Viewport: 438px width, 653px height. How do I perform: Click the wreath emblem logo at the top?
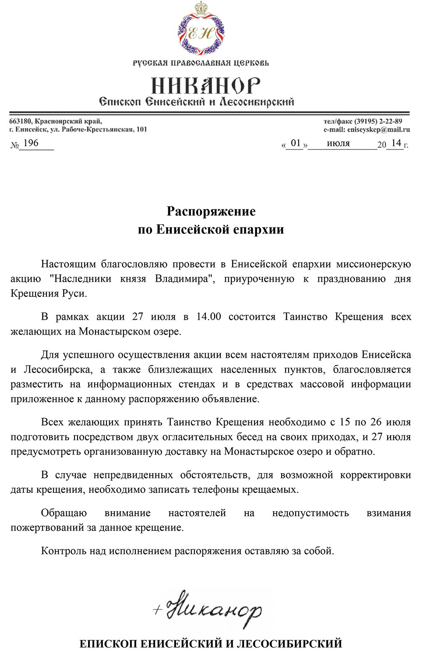[x=201, y=30]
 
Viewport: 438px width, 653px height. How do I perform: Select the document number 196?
[x=31, y=143]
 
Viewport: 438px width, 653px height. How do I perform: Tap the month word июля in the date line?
[x=338, y=143]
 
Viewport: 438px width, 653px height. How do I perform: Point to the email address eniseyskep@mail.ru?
[x=378, y=129]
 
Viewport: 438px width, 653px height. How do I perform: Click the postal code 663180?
[x=20, y=121]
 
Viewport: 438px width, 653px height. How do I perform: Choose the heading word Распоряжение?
[x=211, y=212]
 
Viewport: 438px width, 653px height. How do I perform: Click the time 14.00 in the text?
[x=208, y=317]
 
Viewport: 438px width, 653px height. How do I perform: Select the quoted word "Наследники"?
[x=81, y=279]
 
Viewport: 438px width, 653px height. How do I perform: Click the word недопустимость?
[x=310, y=513]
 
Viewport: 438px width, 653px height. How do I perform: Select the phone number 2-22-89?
[x=391, y=121]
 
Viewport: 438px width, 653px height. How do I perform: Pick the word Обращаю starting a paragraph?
[x=64, y=513]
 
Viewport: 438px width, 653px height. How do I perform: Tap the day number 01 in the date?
[x=296, y=143]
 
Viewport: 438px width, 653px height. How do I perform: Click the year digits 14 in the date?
[x=396, y=143]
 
